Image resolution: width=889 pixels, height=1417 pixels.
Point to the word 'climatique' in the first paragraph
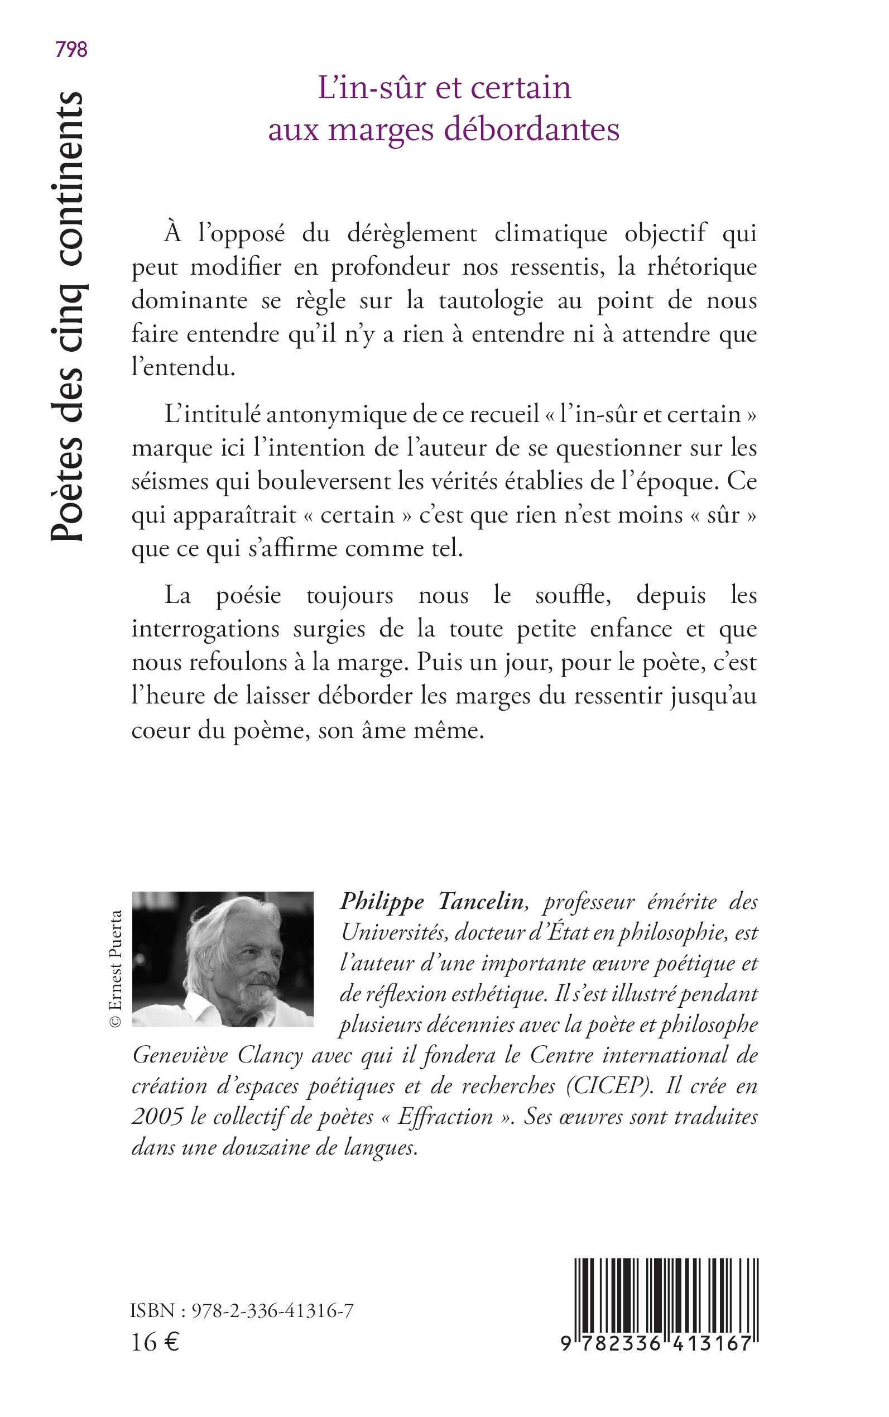click(x=550, y=233)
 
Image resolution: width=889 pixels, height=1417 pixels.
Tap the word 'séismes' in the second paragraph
click(x=169, y=482)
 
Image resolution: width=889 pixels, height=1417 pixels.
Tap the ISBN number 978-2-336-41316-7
click(x=272, y=1311)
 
